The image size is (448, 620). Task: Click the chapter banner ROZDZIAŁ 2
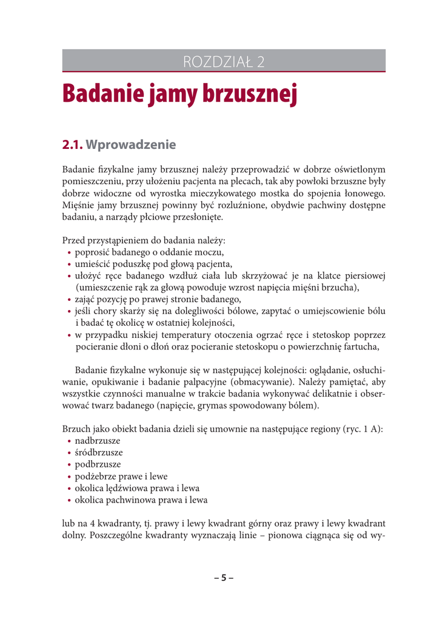tap(224, 61)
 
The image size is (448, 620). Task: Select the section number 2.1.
tap(73, 145)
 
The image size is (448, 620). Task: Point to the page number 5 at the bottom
tap(223, 577)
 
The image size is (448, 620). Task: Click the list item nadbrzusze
tap(97, 440)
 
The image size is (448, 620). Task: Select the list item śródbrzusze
tap(98, 452)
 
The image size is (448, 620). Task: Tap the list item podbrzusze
tap(98, 464)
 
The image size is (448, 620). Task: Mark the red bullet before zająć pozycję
tap(70, 300)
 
